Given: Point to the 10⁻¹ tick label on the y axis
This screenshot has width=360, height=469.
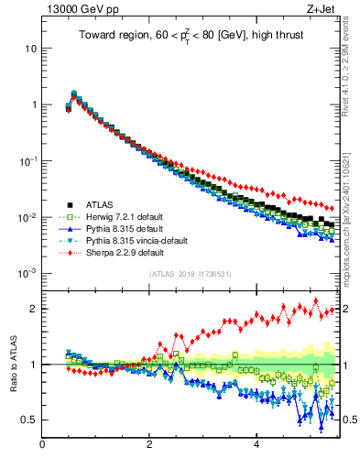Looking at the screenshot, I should pos(27,161).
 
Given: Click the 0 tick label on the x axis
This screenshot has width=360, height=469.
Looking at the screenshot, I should pos(42,444).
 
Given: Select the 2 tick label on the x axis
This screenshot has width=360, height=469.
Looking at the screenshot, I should pos(149,444).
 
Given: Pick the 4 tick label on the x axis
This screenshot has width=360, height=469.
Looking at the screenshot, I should pos(256,444).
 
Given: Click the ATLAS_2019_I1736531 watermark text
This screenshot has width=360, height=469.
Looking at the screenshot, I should pos(191,274).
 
